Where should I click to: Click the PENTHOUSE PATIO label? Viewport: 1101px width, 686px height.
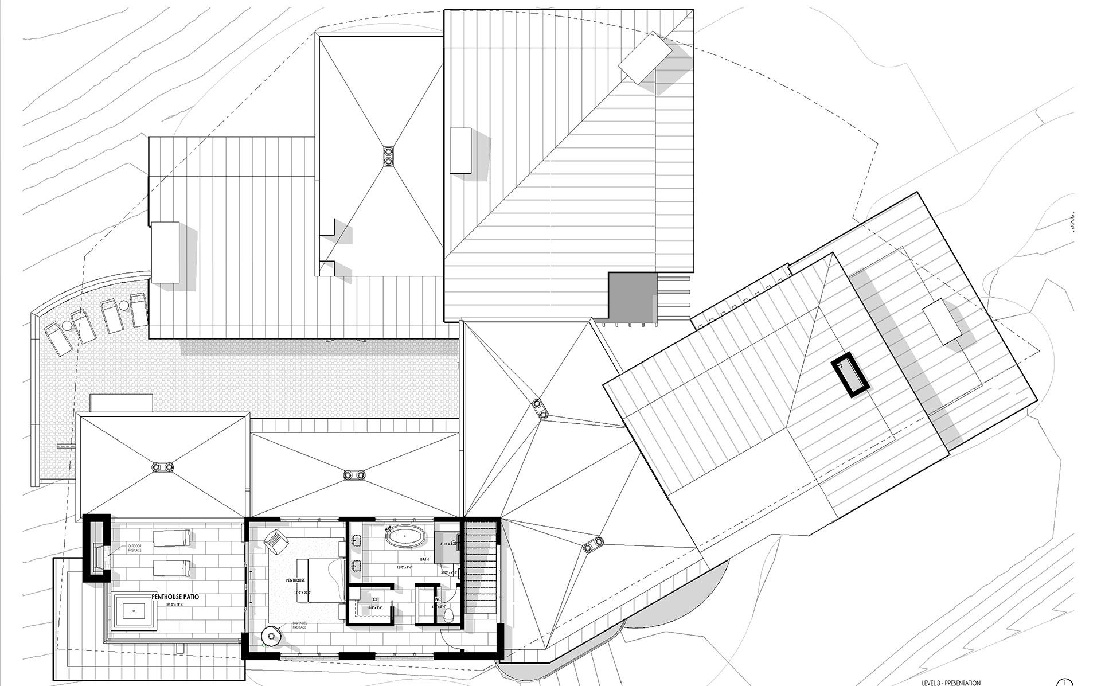point(175,597)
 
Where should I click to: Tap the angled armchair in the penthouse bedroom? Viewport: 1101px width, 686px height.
point(276,540)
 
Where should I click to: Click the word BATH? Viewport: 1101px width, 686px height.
point(424,559)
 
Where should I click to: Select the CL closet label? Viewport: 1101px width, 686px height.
point(375,599)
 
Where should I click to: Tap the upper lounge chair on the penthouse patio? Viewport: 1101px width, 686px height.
point(171,538)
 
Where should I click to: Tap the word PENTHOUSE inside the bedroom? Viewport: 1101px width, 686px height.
point(296,580)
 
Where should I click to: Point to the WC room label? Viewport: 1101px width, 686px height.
point(438,599)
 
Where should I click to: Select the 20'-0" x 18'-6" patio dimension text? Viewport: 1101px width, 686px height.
point(175,605)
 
